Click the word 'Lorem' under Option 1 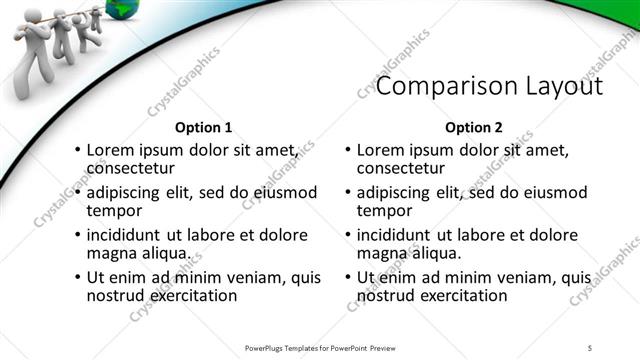pyautogui.click(x=111, y=149)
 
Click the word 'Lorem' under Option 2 pyautogui.click(x=381, y=149)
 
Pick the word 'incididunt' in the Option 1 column pyautogui.click(x=126, y=235)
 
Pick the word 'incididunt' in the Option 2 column pyautogui.click(x=396, y=235)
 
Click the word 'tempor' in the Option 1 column pyautogui.click(x=113, y=210)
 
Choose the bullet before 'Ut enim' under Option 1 pyautogui.click(x=78, y=278)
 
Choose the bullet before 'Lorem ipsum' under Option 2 pyautogui.click(x=348, y=149)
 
